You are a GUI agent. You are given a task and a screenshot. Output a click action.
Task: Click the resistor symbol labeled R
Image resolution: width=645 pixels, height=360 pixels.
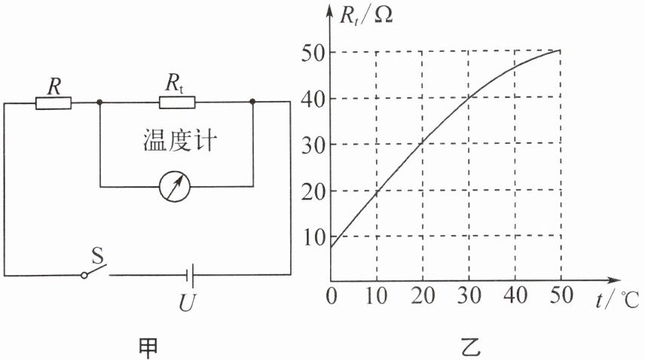[x=53, y=102]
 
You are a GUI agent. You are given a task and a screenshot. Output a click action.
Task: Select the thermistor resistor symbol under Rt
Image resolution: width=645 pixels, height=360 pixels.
[x=177, y=102]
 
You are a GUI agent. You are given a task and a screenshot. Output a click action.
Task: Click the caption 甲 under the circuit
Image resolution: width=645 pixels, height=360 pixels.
[x=149, y=345]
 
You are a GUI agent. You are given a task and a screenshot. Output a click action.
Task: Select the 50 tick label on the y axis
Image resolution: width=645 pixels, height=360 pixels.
[x=313, y=53]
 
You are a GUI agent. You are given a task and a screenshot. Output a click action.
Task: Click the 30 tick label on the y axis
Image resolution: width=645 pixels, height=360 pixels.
[x=313, y=145]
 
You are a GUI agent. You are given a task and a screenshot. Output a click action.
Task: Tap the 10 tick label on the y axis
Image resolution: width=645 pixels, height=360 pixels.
[x=313, y=236]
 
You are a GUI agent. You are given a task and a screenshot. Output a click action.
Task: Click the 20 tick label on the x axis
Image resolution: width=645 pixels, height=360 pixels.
[x=423, y=296]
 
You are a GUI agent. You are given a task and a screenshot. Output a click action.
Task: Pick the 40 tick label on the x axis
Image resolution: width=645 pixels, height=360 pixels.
[x=515, y=296]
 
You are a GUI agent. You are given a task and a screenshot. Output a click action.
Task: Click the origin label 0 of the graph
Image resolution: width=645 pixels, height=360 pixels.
[x=332, y=296]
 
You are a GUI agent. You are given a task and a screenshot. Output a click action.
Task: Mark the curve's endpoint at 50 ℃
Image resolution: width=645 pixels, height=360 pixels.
[x=561, y=51]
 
